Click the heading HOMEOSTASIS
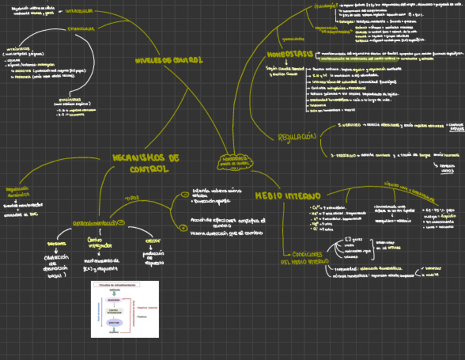coord(290,54)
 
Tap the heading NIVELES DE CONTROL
coord(168,61)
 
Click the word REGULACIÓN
coord(297,136)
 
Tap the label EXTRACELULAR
coord(81,29)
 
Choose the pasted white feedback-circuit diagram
coord(124,310)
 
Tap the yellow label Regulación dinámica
coord(18,190)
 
